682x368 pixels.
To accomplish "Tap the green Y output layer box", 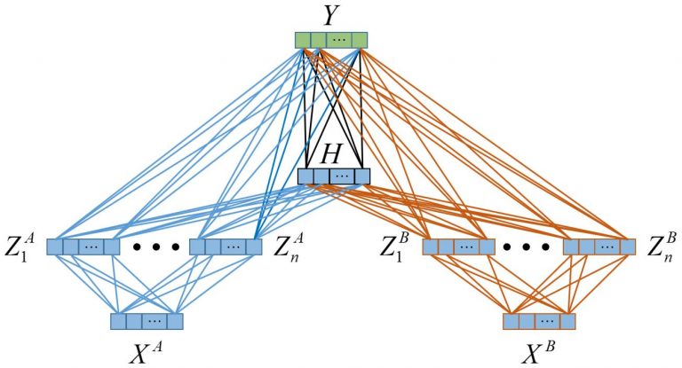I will pos(330,40).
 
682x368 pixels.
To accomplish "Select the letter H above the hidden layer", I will pos(332,154).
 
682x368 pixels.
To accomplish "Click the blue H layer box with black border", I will pos(333,176).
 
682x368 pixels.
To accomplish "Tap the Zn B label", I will pos(660,245).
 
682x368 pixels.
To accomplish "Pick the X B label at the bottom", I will pos(539,352).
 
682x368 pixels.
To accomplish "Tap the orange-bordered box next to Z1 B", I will pos(457,246).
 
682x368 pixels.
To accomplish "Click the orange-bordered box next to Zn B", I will pos(599,246).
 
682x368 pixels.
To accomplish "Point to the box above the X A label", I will pos(147,321).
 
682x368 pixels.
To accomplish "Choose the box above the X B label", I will pos(539,321).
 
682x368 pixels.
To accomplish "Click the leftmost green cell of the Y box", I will pos(304,40).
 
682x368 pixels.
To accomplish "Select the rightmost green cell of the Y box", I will pos(359,40).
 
